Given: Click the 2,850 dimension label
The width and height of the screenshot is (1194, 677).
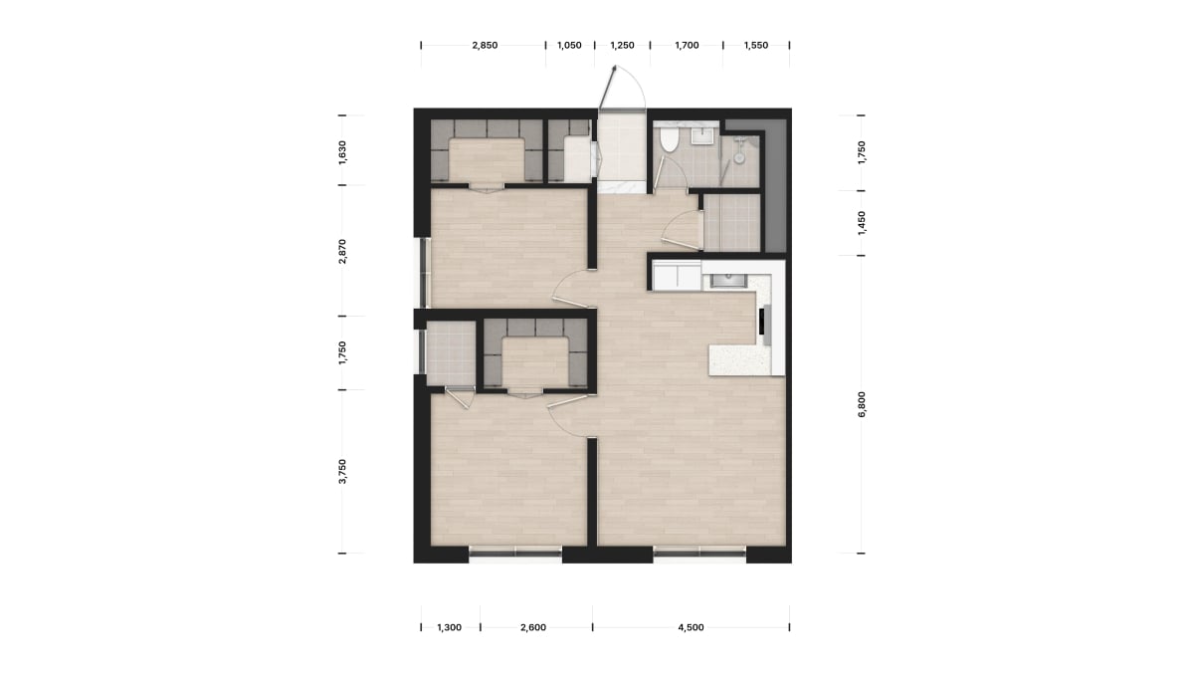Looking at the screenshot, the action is click(485, 46).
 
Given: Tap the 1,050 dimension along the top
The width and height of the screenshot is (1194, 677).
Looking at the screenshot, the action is click(569, 46).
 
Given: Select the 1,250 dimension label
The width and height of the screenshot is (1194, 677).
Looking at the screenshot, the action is click(622, 46).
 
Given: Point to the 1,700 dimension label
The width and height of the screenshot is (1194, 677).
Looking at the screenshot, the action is click(687, 46).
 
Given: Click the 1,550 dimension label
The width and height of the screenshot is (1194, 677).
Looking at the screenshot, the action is click(756, 46).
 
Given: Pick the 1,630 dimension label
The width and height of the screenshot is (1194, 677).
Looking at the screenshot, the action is click(342, 152).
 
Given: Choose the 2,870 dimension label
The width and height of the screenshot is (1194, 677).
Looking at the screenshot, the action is click(342, 251).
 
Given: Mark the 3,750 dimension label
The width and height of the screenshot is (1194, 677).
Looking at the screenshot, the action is click(342, 471).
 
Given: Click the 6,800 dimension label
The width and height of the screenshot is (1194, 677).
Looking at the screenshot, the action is click(862, 404).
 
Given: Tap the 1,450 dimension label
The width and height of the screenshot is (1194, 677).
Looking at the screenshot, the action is click(862, 223).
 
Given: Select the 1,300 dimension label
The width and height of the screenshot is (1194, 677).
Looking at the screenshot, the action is click(450, 627).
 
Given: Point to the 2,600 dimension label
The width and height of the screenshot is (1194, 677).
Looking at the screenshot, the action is click(533, 627).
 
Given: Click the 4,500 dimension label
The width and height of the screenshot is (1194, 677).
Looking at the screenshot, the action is click(691, 627).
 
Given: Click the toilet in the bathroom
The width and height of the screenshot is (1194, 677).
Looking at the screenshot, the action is click(668, 138).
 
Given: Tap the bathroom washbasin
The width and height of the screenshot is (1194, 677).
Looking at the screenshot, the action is click(702, 136).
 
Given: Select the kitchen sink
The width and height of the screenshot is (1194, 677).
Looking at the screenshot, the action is click(728, 281).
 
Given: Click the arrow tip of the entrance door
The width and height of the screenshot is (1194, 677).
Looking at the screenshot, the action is click(616, 66).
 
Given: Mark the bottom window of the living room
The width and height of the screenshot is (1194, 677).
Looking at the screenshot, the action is click(699, 554).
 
